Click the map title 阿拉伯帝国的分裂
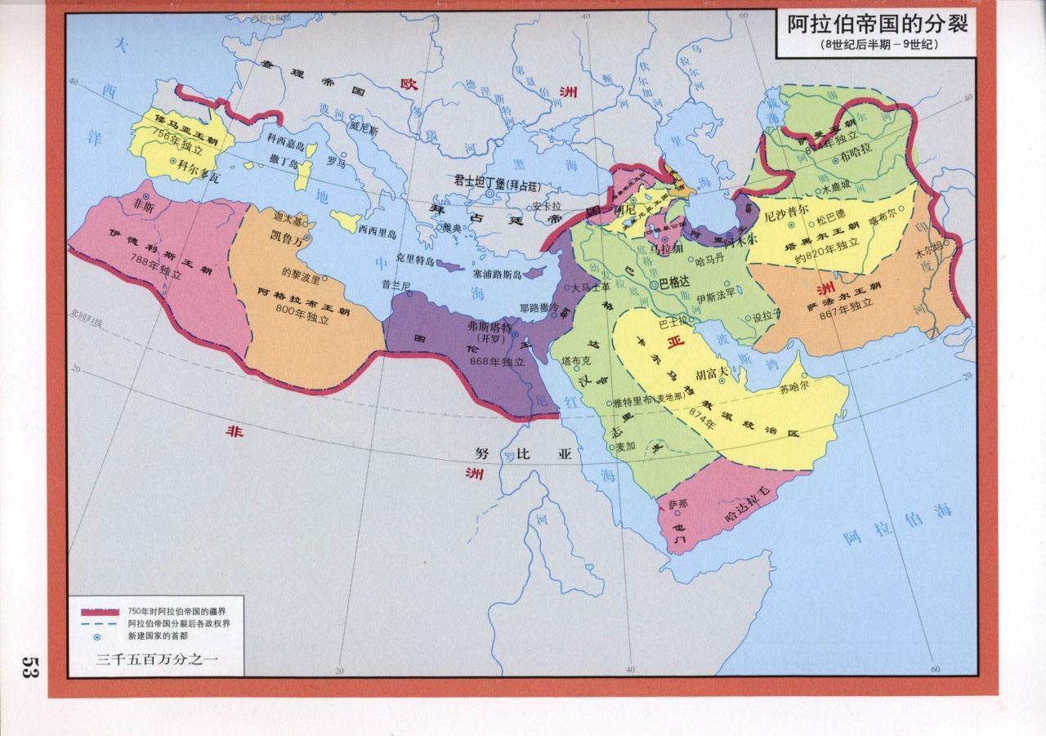pos(877,25)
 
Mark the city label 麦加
pos(625,447)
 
